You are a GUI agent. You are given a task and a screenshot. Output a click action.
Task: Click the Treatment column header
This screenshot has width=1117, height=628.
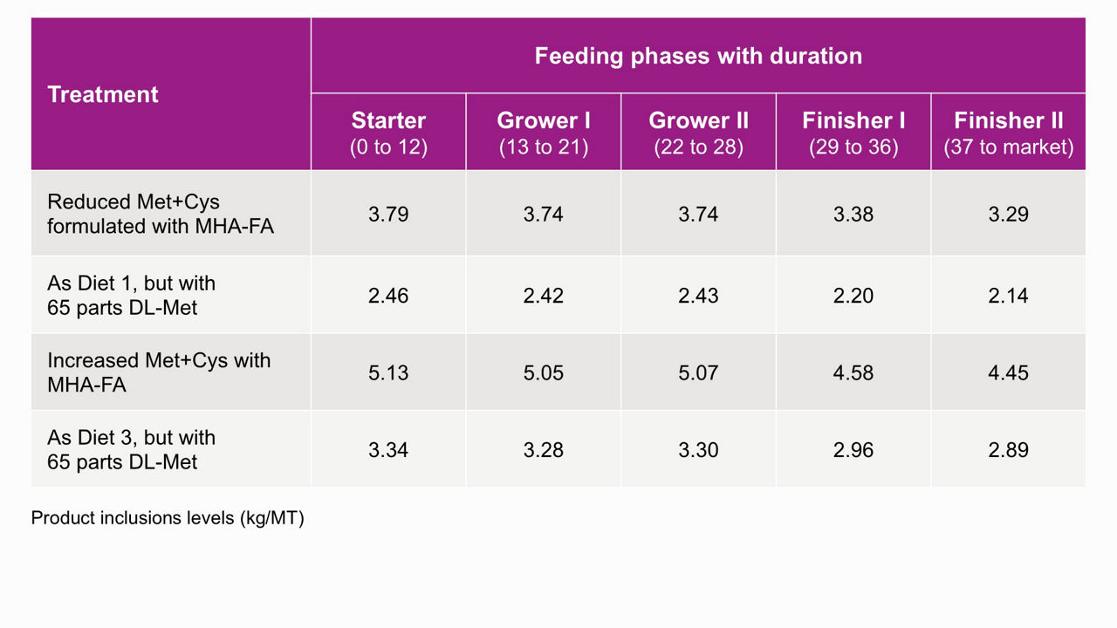point(103,94)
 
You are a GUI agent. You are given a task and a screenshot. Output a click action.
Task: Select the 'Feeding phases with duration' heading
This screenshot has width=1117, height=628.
point(698,56)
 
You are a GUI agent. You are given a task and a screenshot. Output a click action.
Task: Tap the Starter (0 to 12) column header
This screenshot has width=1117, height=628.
point(388,133)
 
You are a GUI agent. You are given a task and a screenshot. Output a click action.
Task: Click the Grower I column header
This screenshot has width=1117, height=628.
point(544,133)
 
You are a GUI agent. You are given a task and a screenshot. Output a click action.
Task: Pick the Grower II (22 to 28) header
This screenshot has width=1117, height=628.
point(699,133)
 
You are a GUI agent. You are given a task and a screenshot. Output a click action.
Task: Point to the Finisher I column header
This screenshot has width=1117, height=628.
point(853,133)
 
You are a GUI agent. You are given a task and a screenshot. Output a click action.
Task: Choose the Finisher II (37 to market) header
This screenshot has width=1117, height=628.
point(1008,133)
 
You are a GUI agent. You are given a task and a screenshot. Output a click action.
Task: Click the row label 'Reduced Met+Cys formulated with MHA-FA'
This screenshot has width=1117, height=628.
point(161,214)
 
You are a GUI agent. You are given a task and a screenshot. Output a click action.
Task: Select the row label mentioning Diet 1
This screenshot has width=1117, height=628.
point(132,295)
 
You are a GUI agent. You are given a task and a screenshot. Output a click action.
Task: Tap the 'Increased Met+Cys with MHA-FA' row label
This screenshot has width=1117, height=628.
point(159,372)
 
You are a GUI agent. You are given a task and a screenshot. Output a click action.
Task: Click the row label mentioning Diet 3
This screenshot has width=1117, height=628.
point(132,449)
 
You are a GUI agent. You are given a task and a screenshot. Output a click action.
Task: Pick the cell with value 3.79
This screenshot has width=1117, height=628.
point(388,215)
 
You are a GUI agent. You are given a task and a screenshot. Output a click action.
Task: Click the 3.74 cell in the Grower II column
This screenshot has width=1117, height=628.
point(698,215)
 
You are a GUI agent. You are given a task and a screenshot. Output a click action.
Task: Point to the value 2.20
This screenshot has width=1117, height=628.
point(853,296)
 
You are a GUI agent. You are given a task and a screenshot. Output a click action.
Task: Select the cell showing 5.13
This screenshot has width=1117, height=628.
point(388,372)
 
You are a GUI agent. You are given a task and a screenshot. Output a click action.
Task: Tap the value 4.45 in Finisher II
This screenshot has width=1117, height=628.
point(1008,372)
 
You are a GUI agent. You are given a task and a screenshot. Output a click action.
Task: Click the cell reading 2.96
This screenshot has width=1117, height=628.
point(853,450)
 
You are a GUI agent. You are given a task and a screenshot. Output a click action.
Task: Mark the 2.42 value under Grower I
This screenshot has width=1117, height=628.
point(543,296)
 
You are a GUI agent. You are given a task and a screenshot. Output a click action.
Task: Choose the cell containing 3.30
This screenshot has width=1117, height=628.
point(698,450)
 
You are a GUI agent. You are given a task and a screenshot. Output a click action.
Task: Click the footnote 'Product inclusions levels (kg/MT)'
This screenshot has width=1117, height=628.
point(168,518)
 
